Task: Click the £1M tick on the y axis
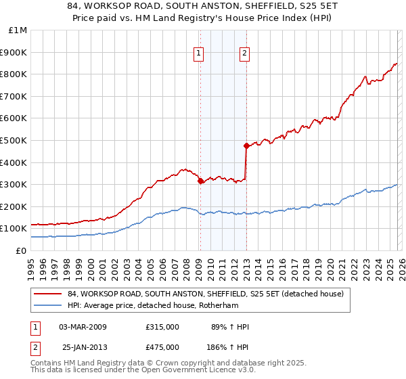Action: pyautogui.click(x=18, y=30)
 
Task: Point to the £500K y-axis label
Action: pyautogui.click(x=14, y=141)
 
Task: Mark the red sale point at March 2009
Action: pyautogui.click(x=200, y=181)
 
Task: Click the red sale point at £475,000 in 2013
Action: pyautogui.click(x=246, y=146)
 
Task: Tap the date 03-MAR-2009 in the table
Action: pyautogui.click(x=83, y=327)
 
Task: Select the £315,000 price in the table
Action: pyautogui.click(x=162, y=327)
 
